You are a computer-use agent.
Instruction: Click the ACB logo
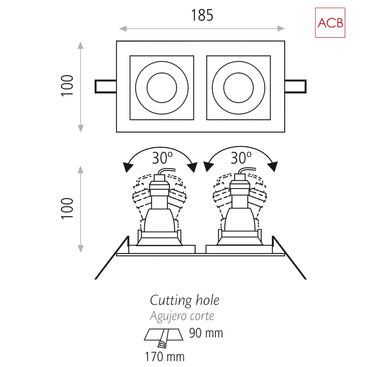tap(330, 23)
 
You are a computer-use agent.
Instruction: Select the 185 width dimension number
tap(202, 15)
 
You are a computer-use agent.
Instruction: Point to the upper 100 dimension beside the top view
tap(67, 86)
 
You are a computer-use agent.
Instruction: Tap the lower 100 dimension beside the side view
tap(67, 208)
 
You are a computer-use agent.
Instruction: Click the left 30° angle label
tap(162, 157)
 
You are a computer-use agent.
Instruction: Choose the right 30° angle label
tap(241, 157)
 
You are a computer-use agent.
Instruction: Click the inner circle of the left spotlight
tap(162, 88)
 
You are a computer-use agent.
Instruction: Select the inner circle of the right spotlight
tap(239, 88)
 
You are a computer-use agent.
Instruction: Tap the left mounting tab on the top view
tap(106, 87)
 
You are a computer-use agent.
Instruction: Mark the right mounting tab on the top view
tap(295, 87)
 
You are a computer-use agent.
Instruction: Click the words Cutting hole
tap(185, 300)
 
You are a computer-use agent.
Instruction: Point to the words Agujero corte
tap(182, 316)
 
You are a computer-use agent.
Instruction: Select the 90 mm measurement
tap(206, 333)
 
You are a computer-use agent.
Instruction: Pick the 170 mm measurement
tap(165, 357)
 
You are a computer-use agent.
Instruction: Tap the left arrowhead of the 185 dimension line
tap(123, 29)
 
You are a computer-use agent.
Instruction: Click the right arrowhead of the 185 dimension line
tap(281, 29)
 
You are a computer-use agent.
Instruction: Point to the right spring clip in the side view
tap(289, 258)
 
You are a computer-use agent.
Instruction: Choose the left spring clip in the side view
tap(112, 258)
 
